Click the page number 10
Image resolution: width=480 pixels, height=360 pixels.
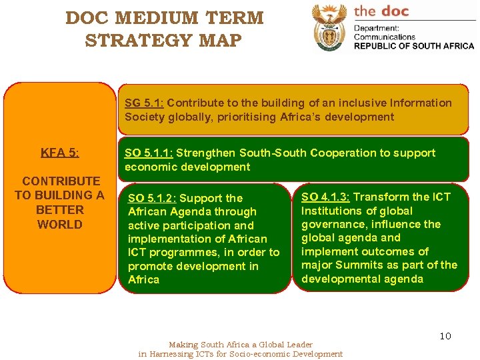pyautogui.click(x=445, y=336)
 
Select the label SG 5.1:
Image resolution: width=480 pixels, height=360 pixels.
pyautogui.click(x=144, y=103)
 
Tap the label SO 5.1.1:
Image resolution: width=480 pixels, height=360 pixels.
pyautogui.click(x=149, y=153)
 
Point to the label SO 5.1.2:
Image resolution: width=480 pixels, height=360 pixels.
pyautogui.click(x=152, y=198)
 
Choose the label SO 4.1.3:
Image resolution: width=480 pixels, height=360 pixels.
pyautogui.click(x=325, y=197)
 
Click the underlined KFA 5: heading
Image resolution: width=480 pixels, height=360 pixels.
pyautogui.click(x=60, y=153)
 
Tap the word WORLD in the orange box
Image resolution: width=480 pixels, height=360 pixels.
pyautogui.click(x=60, y=224)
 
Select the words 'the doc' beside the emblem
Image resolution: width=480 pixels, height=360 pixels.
pyautogui.click(x=381, y=11)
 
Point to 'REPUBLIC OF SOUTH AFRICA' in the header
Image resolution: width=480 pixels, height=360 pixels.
pyautogui.click(x=413, y=46)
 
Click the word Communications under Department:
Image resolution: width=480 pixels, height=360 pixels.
pyautogui.click(x=384, y=37)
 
